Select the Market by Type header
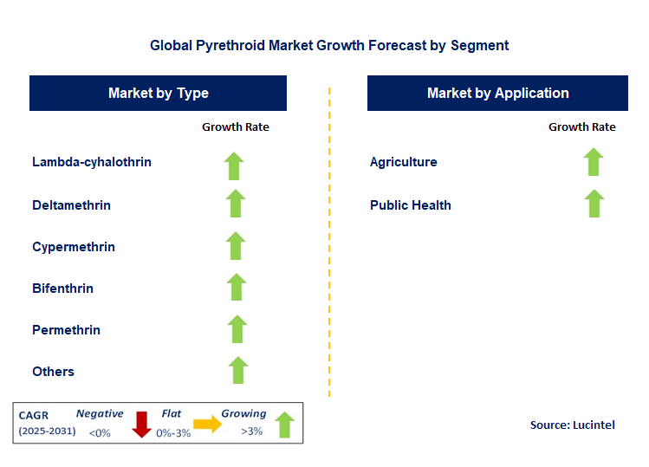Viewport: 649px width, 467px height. pyautogui.click(x=158, y=94)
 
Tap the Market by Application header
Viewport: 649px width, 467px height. pyautogui.click(x=497, y=94)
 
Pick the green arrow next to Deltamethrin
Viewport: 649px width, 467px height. pyautogui.click(x=236, y=204)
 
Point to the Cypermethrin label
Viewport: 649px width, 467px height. pyautogui.click(x=74, y=247)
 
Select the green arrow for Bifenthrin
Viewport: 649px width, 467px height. pyautogui.click(x=236, y=288)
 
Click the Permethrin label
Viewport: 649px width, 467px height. pyautogui.click(x=66, y=330)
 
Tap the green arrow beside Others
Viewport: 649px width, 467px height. pyautogui.click(x=237, y=370)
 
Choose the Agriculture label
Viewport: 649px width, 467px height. pyautogui.click(x=403, y=162)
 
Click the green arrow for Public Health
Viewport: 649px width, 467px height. pyautogui.click(x=594, y=204)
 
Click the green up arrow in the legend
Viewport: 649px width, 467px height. pyautogui.click(x=284, y=425)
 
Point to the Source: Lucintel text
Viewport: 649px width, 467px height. pyautogui.click(x=572, y=425)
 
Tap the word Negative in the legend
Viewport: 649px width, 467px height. pyautogui.click(x=100, y=414)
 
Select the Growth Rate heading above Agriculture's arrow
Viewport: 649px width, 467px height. pyautogui.click(x=581, y=127)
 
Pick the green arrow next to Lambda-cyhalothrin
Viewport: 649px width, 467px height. pyautogui.click(x=234, y=165)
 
